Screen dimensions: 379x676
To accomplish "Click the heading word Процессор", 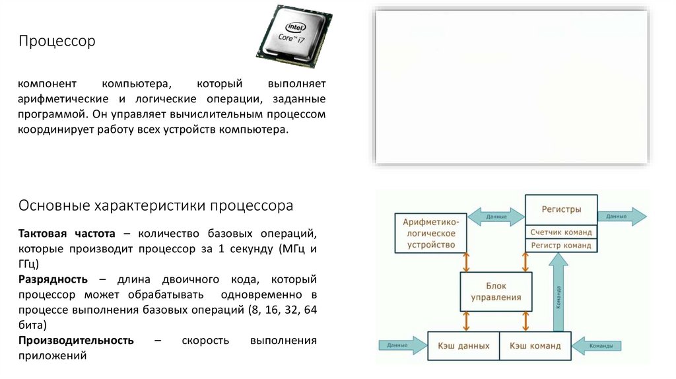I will click(x=57, y=42).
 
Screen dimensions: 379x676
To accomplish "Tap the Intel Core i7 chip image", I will click(x=294, y=37).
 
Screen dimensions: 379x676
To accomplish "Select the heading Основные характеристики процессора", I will click(x=156, y=205).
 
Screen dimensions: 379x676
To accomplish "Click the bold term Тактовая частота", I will click(x=67, y=234).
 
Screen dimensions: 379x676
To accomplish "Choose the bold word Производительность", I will click(x=76, y=341).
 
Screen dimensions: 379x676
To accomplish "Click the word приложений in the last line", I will click(x=52, y=355).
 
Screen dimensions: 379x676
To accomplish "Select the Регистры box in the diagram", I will click(x=561, y=209).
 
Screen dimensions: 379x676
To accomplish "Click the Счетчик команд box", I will click(x=561, y=232).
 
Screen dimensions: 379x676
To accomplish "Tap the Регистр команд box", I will click(x=561, y=246).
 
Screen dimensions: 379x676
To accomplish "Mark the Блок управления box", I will click(x=496, y=292).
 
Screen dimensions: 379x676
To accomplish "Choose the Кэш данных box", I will click(x=463, y=345).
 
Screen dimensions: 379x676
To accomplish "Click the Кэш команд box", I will click(x=535, y=345).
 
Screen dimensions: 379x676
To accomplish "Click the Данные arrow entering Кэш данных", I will click(x=401, y=345).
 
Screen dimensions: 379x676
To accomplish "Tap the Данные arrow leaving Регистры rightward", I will click(x=621, y=217).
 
